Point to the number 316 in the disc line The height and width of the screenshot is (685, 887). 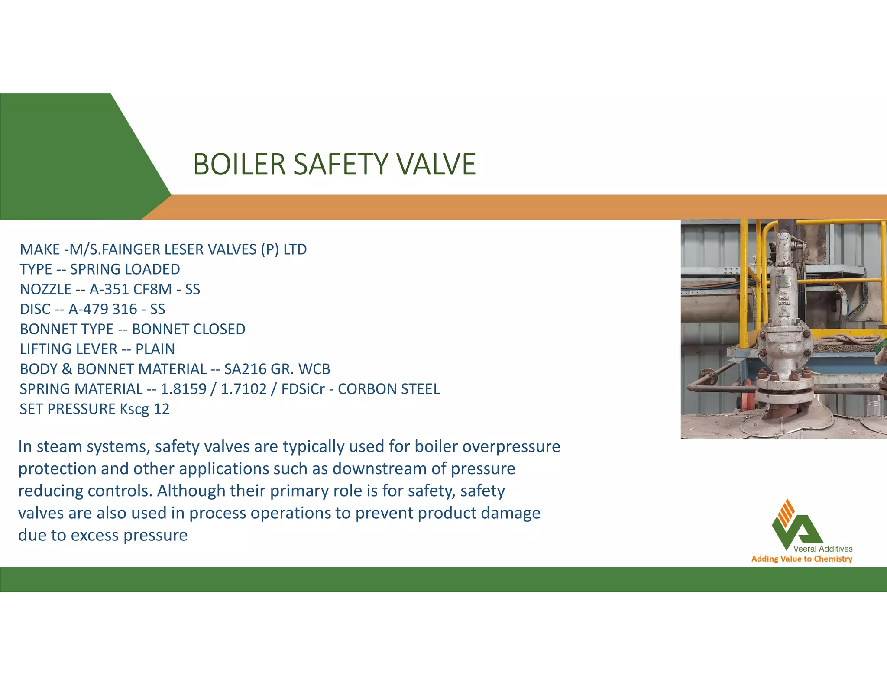point(125,309)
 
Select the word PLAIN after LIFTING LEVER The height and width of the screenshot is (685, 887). point(155,349)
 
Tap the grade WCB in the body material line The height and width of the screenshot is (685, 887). point(314,369)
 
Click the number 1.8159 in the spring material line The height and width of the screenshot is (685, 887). point(183,389)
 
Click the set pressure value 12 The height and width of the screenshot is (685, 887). point(162,409)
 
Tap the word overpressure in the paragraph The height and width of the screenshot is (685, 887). point(511,446)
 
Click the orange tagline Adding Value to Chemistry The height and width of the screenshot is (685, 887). point(802,559)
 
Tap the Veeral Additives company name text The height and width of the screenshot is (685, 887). point(822,549)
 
